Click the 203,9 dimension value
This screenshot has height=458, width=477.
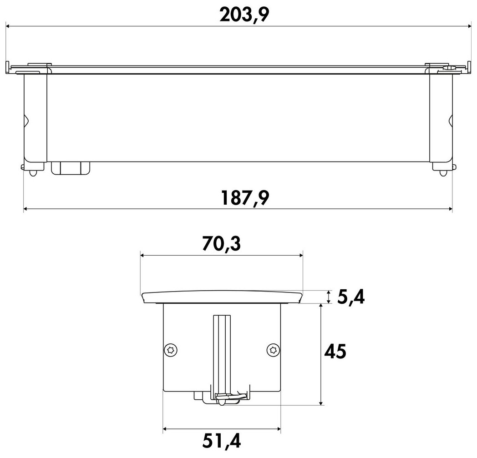[244, 15]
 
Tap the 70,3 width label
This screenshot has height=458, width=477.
[222, 244]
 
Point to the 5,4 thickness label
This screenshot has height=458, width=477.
[351, 297]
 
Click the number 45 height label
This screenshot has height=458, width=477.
[335, 352]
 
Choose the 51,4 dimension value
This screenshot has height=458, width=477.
[222, 441]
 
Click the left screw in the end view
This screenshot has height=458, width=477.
[171, 350]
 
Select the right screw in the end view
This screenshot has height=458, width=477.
[273, 350]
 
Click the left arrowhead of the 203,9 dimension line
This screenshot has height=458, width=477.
[9, 26]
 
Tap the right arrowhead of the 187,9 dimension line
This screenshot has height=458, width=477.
[450, 209]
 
